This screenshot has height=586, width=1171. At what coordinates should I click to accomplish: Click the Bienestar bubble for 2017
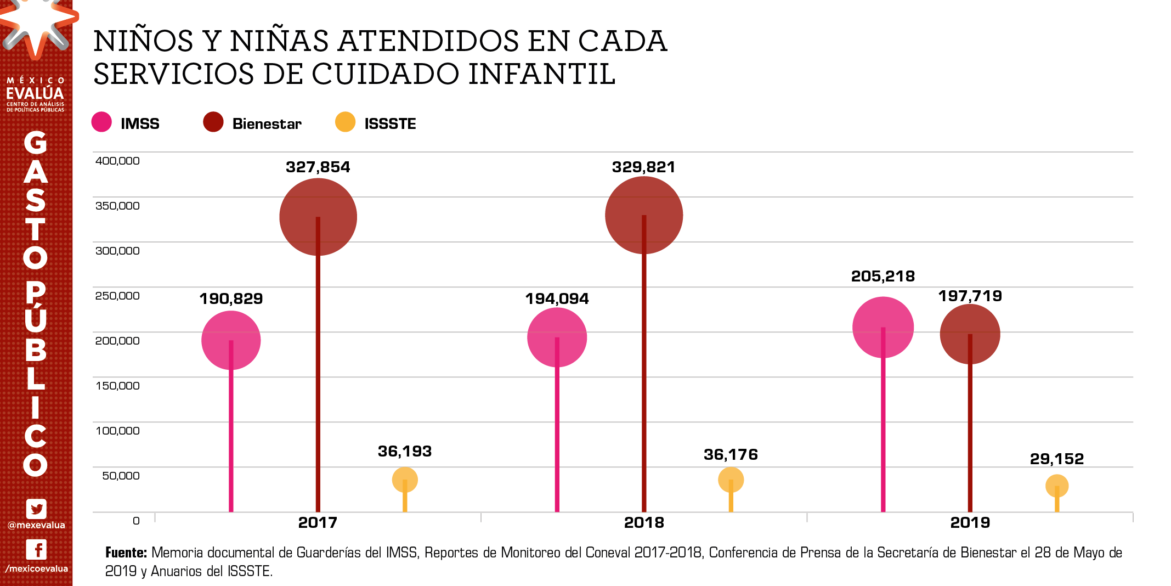point(318,217)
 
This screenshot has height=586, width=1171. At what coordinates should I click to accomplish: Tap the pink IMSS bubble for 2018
point(557,337)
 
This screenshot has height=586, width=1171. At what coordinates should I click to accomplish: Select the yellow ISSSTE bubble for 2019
point(1056,486)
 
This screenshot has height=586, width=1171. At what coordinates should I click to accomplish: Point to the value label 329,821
point(643,167)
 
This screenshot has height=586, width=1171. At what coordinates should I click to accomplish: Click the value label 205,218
point(883,276)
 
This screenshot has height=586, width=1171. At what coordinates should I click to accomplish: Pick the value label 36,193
point(405,451)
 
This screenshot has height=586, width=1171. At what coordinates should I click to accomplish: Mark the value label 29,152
point(1056,459)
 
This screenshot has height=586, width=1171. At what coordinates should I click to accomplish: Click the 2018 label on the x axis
point(644,522)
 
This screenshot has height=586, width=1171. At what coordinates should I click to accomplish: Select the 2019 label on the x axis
point(970,522)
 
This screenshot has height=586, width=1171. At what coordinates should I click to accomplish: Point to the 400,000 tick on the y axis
point(117,161)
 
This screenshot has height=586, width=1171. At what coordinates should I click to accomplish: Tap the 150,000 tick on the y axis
point(117,386)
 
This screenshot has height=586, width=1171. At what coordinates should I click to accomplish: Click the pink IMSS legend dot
point(101,122)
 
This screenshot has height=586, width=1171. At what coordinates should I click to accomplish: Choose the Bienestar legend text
point(267,123)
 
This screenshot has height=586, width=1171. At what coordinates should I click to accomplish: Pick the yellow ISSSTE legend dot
point(345,122)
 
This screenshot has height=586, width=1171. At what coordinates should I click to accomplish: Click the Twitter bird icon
point(36,509)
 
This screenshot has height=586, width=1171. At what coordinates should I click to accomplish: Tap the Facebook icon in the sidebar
point(36,549)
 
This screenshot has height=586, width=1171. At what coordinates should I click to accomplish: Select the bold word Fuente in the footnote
point(126,553)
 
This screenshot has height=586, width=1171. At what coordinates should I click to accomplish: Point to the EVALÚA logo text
point(35,93)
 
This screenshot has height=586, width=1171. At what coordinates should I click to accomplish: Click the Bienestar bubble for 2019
point(970,334)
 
